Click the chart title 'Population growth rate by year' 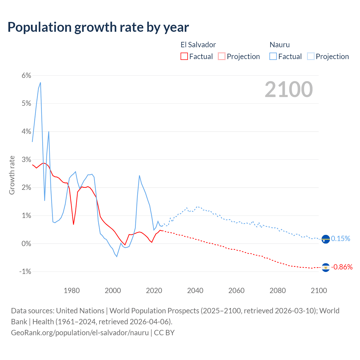(98, 27)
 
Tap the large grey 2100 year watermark (289, 89)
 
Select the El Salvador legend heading (198, 45)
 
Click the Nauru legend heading (280, 45)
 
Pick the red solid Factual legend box (184, 56)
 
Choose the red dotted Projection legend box (222, 56)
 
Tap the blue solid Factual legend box (273, 56)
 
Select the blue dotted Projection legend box (310, 56)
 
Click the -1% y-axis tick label (25, 271)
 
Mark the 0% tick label (26, 244)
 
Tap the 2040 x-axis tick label (195, 291)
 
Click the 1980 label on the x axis (72, 291)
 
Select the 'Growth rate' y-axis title (12, 175)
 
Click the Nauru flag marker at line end (325, 239)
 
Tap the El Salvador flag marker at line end (325, 267)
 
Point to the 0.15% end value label (341, 239)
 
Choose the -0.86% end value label (342, 267)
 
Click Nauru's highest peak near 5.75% (40, 83)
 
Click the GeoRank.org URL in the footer (80, 333)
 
